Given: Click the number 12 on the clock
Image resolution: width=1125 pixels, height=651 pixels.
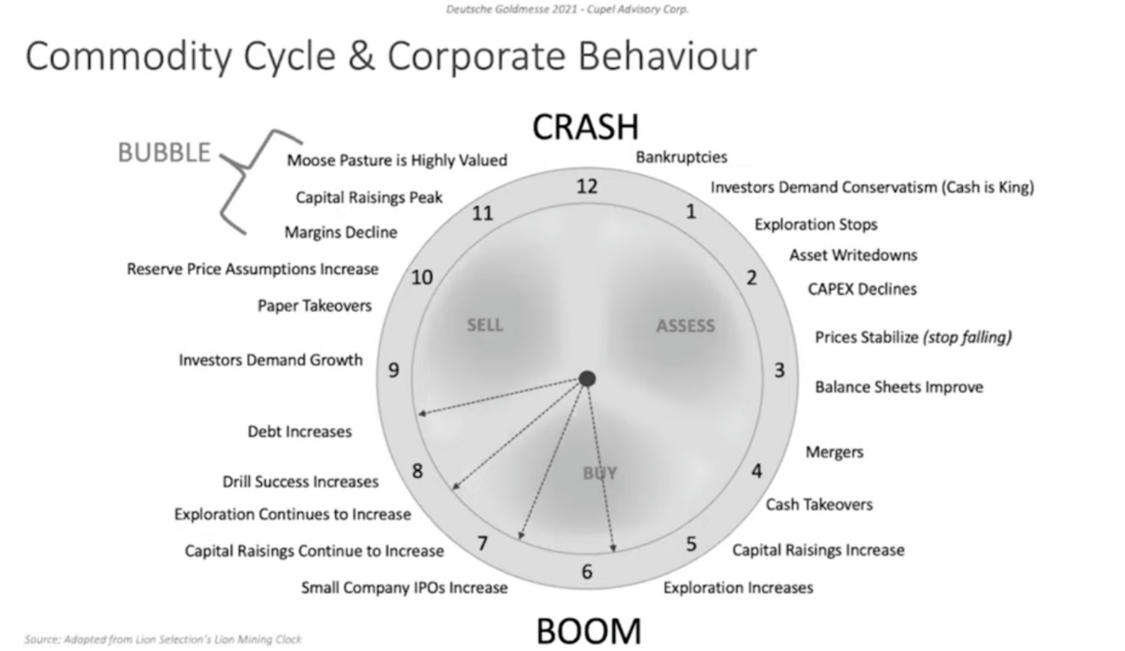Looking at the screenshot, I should tap(587, 187).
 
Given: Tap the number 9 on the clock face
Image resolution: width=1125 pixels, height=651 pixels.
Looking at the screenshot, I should tap(393, 370).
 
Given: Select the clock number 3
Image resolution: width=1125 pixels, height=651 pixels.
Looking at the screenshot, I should tap(779, 370).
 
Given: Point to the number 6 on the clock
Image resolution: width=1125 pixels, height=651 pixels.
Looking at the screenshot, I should tap(587, 572).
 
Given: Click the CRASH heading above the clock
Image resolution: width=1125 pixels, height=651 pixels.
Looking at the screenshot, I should tap(585, 127).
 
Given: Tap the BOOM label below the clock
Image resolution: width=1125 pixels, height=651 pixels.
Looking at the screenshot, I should tap(588, 632).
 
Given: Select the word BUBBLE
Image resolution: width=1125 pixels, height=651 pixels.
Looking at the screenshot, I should tap(164, 153).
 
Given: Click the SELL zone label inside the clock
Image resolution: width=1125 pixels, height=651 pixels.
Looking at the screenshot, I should tap(484, 325).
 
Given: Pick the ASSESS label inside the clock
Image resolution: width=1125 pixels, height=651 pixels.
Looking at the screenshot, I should tap(685, 326).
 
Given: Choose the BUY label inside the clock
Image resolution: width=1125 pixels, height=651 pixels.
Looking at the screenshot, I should tap(600, 473).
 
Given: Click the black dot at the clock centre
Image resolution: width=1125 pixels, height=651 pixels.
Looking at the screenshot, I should tap(587, 378).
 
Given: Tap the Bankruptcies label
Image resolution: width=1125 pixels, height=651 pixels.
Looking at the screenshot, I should tap(681, 157).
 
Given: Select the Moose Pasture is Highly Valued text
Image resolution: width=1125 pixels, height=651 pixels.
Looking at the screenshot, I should tap(396, 160).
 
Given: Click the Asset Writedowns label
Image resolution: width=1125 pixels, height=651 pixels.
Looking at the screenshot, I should tap(853, 255).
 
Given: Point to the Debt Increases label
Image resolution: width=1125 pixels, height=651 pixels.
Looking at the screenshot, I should tap(300, 432).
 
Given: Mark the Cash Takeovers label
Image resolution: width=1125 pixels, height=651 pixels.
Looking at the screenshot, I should tap(819, 505).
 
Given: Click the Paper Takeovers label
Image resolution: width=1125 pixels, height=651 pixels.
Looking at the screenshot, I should tap(314, 306).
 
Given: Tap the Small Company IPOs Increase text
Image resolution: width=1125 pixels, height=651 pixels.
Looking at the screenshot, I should tap(404, 588).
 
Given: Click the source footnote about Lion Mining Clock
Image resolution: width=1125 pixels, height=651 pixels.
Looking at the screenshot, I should tap(163, 639).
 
